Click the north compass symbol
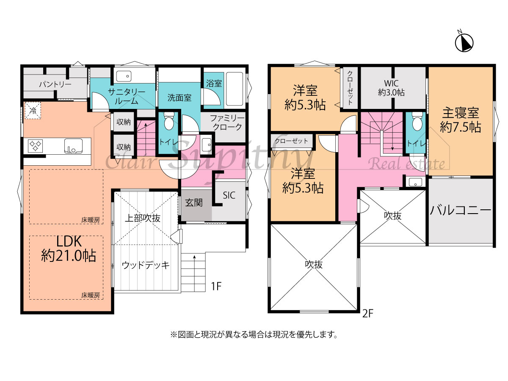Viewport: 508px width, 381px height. point(464,43)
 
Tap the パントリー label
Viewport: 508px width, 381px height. point(55,84)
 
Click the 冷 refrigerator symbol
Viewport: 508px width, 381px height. point(33,111)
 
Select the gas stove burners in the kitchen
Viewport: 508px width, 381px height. point(36,146)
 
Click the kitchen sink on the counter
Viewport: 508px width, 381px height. point(73,146)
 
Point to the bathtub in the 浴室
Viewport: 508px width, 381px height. point(235,89)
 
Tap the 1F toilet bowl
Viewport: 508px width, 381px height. point(169,121)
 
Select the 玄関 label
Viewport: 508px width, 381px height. point(194,203)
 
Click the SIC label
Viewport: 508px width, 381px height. point(229,195)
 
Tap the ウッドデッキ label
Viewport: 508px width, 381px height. point(146,265)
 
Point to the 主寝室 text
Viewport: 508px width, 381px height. point(461,113)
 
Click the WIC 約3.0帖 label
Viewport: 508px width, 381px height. point(391,88)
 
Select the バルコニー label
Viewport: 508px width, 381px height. point(461,210)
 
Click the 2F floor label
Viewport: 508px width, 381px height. point(368,314)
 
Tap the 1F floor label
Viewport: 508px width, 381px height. point(216,286)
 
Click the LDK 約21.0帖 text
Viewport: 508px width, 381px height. point(69,249)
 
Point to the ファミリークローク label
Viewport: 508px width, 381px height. point(227,122)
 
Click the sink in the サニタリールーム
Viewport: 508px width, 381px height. point(124,76)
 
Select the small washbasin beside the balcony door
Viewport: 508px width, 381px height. point(415,182)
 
